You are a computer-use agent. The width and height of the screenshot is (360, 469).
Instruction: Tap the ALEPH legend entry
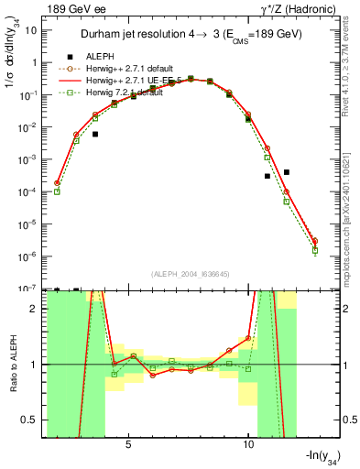click(101, 55)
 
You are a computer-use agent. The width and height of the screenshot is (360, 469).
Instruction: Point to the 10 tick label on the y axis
click(31, 30)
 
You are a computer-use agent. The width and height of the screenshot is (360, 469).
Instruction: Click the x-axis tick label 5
click(128, 443)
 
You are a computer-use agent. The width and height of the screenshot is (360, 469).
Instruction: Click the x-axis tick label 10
click(248, 443)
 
